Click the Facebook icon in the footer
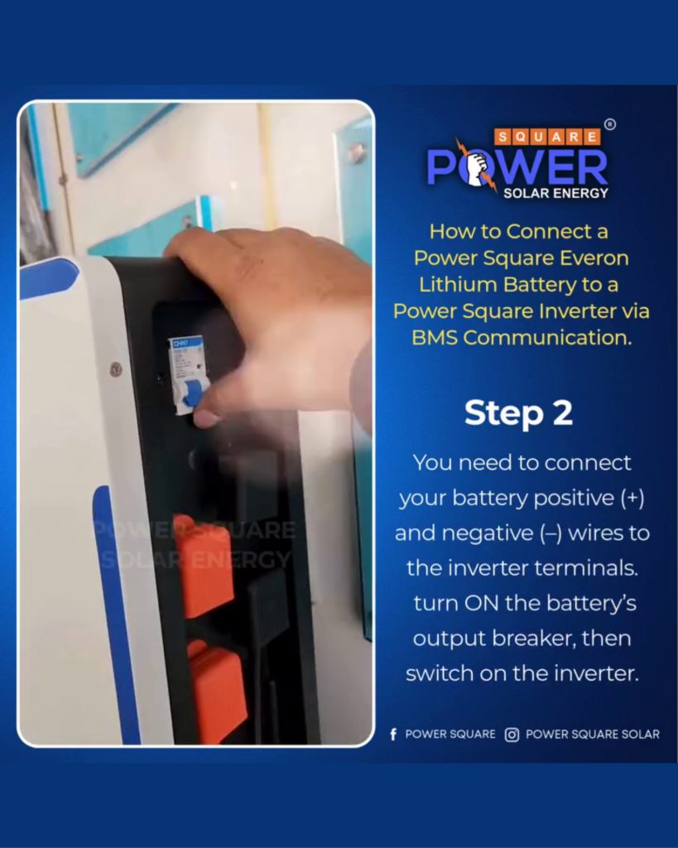[x=393, y=734]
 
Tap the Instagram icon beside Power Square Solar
[x=512, y=735]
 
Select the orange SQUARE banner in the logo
[x=547, y=137]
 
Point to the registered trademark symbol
[x=610, y=124]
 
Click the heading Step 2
[x=518, y=413]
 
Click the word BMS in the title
[x=434, y=338]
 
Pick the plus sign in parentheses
[x=632, y=498]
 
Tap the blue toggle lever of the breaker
[x=190, y=392]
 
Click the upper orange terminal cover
[x=204, y=568]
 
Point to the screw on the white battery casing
[x=115, y=370]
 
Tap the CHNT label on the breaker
[x=180, y=343]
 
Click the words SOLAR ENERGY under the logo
[x=555, y=193]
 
